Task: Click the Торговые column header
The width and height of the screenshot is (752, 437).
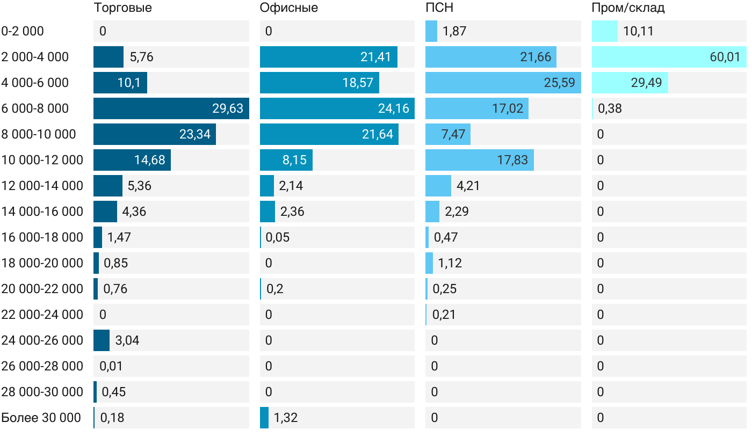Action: [x=122, y=8]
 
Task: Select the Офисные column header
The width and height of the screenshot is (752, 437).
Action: [x=288, y=8]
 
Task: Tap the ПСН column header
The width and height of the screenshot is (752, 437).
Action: [x=435, y=8]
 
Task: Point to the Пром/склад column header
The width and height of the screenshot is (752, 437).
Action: [x=628, y=8]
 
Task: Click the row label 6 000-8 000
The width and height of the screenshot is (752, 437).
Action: [x=35, y=108]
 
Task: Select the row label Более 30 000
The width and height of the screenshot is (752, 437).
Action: [x=41, y=418]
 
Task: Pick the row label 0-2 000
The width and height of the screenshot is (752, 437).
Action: [x=23, y=31]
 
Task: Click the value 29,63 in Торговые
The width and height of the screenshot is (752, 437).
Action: [x=228, y=108]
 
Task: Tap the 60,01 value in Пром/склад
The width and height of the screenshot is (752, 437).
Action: [x=725, y=57]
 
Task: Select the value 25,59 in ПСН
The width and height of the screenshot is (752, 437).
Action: [x=559, y=83]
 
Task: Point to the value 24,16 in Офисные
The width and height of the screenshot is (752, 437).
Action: [x=394, y=108]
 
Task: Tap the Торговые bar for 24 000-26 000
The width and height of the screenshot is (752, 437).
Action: [x=102, y=340]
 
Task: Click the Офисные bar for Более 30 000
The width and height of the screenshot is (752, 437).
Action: [x=264, y=418]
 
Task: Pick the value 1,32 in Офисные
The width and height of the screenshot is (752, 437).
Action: [x=286, y=418]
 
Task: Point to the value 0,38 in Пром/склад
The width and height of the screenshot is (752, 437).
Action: [x=610, y=108]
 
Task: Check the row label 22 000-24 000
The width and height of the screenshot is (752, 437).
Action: [x=42, y=315]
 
